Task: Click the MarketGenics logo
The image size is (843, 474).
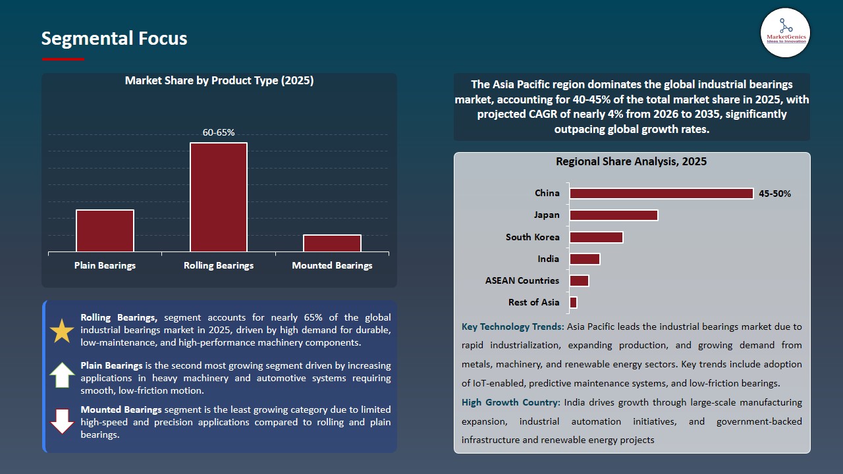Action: (785, 32)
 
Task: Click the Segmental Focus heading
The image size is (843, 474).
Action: (114, 39)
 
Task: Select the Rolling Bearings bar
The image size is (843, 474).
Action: (219, 197)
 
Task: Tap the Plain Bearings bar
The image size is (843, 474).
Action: (105, 230)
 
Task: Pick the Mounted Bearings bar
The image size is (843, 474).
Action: (332, 243)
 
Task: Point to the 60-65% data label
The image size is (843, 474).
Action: (219, 132)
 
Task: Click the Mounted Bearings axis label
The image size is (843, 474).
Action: (332, 265)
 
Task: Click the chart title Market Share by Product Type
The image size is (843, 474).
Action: (219, 81)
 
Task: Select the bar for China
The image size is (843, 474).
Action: (661, 194)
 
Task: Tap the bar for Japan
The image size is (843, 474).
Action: (614, 215)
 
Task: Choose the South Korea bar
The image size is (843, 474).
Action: (596, 237)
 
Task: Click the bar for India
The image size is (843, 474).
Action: (585, 259)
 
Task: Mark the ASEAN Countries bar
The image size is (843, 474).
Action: (579, 280)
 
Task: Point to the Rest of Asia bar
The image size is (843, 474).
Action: (574, 302)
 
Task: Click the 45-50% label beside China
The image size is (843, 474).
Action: (775, 194)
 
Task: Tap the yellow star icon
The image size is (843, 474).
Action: (62, 331)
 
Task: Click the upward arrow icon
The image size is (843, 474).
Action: (62, 375)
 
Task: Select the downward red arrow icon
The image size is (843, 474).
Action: (62, 421)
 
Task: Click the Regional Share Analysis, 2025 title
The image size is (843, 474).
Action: (631, 162)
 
